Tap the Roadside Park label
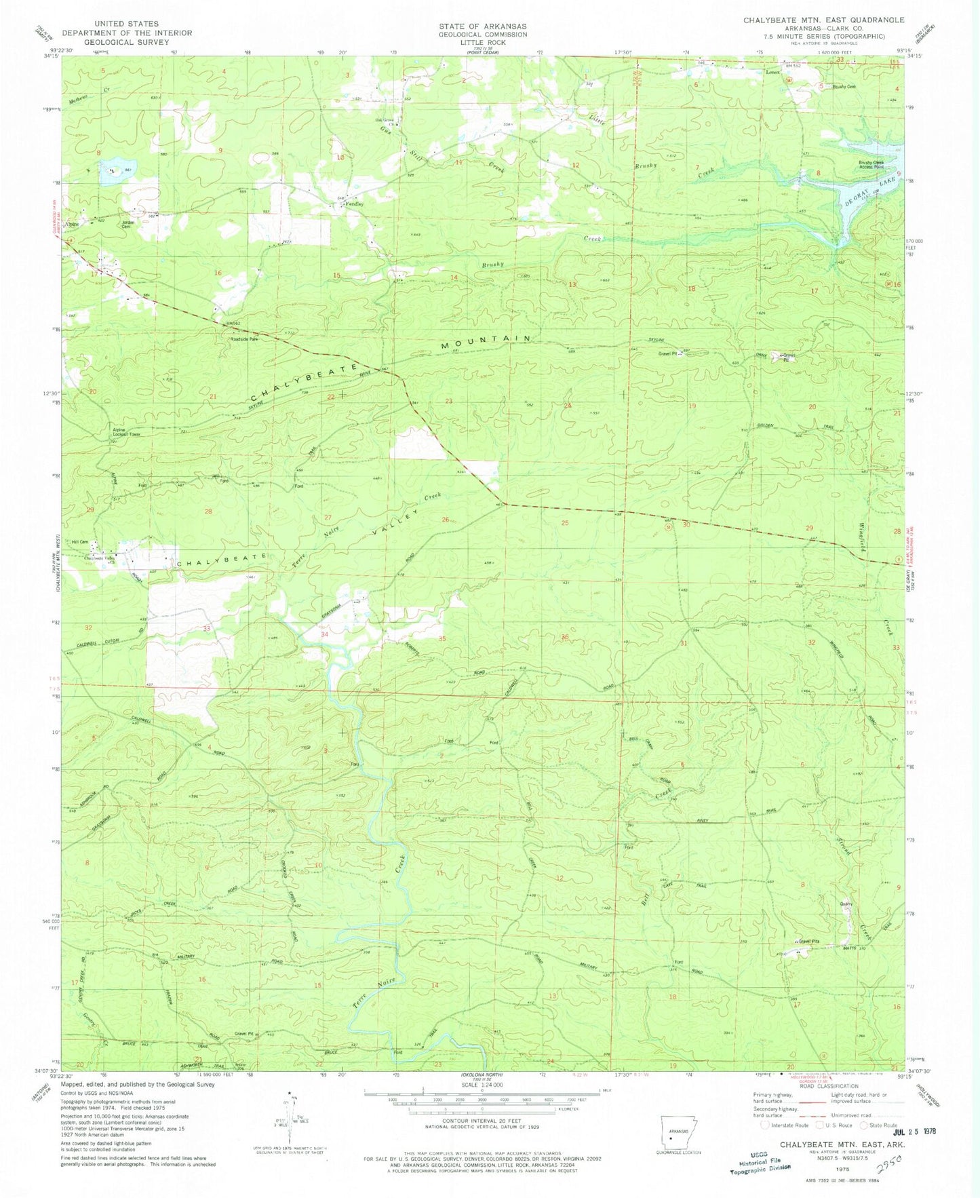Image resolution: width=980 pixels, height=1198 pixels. tap(245, 339)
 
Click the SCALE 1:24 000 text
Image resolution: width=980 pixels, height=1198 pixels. tap(482, 1085)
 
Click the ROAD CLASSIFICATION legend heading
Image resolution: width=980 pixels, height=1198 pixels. tap(827, 1086)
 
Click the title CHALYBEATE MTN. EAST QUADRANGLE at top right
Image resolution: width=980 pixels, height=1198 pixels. tap(823, 20)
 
